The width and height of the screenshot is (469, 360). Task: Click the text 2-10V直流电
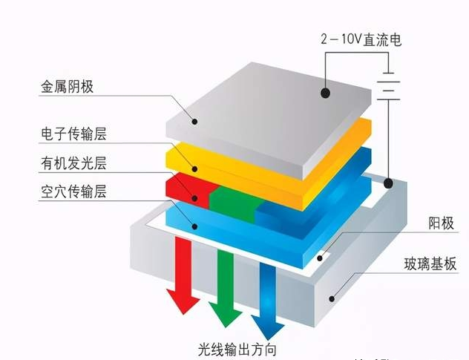coord(361,39)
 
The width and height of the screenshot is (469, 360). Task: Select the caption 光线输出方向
coord(237,349)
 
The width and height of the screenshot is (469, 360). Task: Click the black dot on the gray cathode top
coord(325,93)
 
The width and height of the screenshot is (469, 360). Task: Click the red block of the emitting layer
coord(186,187)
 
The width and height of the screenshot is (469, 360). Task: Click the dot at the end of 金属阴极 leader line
coord(194,120)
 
